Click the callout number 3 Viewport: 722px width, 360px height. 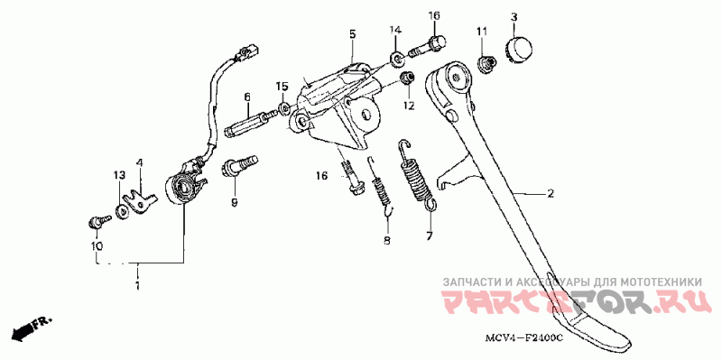514,17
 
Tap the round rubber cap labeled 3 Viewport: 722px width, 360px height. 520,48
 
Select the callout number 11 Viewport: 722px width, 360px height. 481,32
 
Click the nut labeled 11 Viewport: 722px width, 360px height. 486,63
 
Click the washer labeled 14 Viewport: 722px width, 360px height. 396,59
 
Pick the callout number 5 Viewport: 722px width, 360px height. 352,33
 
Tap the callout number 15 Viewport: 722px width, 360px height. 282,86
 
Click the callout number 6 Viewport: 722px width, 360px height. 247,97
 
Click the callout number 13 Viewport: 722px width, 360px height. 119,175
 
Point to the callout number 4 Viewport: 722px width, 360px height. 140,163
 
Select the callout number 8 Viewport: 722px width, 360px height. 386,240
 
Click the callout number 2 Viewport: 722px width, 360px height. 550,194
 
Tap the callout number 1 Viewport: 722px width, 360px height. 137,285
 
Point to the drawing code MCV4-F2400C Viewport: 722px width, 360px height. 523,338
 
